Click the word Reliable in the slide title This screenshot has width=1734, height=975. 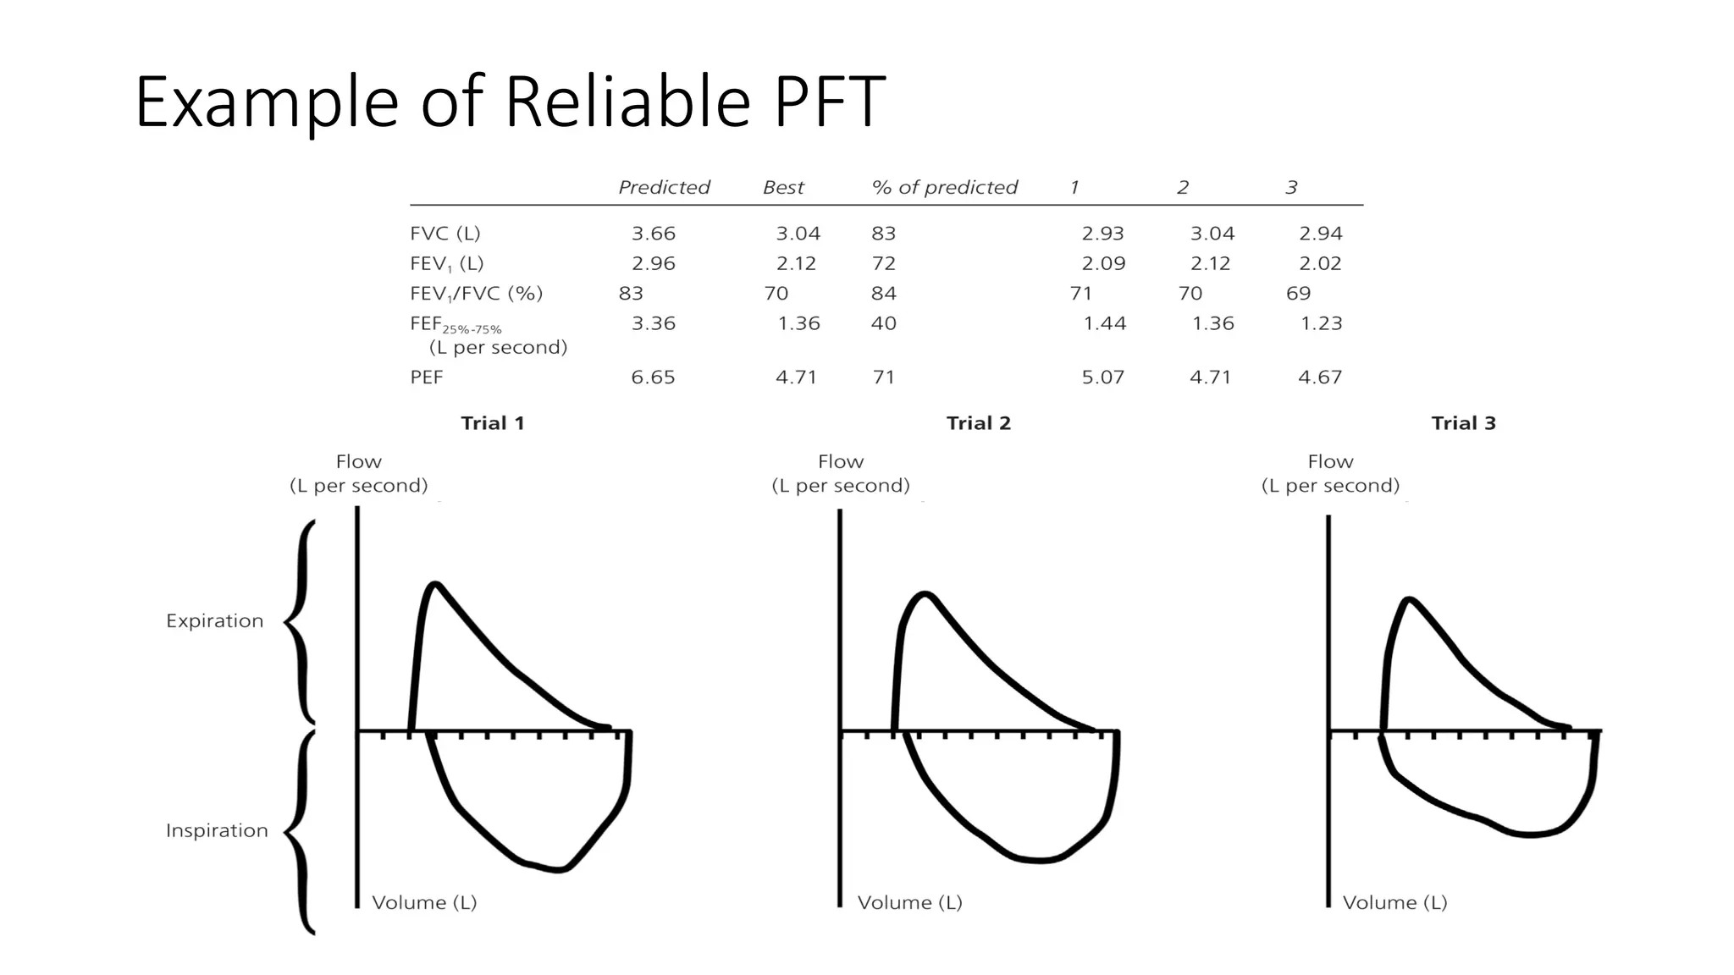[627, 102]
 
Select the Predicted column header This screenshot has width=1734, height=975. [664, 187]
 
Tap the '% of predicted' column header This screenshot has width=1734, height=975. [944, 187]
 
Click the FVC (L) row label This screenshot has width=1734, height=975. [445, 234]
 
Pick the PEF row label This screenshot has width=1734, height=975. [427, 377]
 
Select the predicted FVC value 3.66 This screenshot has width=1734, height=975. [654, 234]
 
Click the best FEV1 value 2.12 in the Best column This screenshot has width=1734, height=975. [796, 264]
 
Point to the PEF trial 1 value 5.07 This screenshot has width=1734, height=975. [1103, 377]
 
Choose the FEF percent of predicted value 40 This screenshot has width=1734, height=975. [884, 323]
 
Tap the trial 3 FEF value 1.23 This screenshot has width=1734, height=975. [1322, 323]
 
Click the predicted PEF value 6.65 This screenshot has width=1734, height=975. [653, 377]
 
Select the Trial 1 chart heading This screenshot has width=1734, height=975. [493, 423]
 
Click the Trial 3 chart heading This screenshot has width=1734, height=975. [1464, 423]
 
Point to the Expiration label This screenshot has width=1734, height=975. [215, 621]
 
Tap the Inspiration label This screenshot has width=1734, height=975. [217, 831]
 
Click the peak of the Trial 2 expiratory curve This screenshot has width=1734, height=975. [925, 594]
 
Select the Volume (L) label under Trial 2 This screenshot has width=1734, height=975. [910, 903]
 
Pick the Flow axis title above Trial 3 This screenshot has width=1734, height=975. [1330, 474]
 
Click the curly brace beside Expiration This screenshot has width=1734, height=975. [301, 623]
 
